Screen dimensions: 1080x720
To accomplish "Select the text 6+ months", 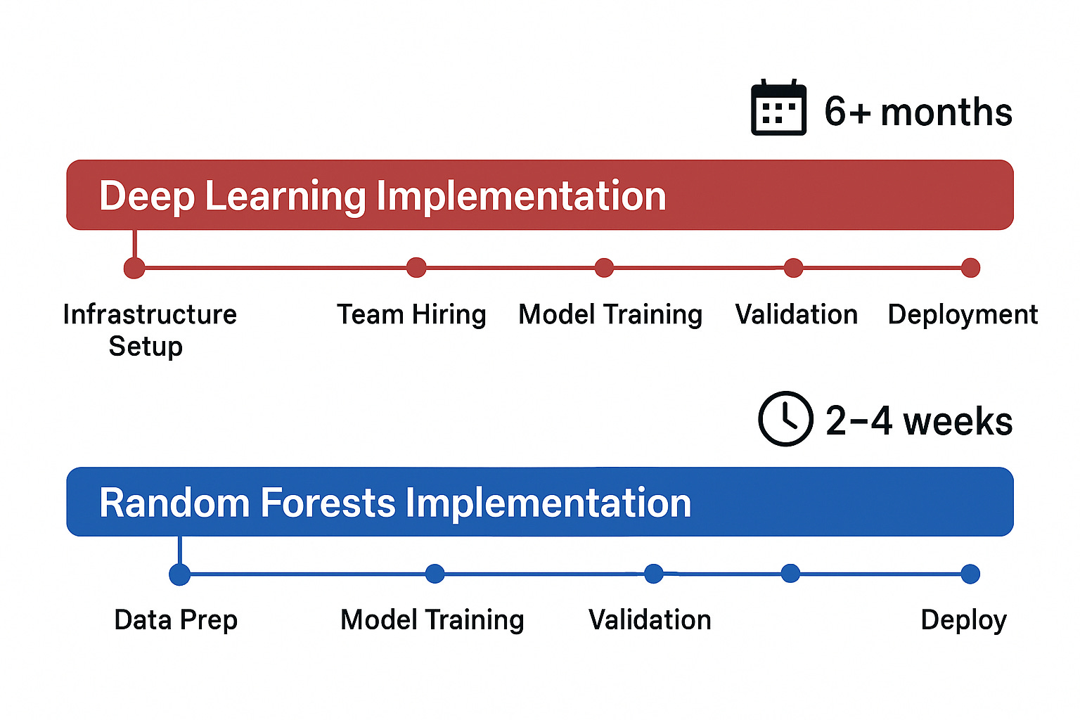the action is (918, 112).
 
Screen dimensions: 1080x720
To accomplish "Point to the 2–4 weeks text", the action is (919, 421).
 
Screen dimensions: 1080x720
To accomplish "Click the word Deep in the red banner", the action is (146, 195).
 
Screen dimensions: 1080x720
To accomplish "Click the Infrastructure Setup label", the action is (149, 329).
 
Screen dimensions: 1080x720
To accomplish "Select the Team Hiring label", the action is (411, 314).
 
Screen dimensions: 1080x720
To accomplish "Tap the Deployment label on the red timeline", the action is (963, 314).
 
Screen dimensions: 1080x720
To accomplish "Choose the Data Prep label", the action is (176, 620).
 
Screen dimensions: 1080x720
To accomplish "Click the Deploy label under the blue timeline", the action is (964, 620).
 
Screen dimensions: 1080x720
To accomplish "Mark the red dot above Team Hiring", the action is (416, 267).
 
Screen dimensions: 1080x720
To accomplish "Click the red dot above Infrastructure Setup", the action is (134, 268).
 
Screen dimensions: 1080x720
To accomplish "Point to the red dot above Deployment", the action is (970, 268).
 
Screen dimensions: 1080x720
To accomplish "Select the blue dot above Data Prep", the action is (180, 574).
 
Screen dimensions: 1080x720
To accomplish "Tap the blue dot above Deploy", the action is (970, 574).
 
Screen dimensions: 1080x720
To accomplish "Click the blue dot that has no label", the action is (790, 574).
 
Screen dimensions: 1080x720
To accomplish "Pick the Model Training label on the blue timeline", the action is (432, 620).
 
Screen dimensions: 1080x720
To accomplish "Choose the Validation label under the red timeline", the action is (796, 314).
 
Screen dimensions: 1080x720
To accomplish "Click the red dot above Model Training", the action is (604, 268).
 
